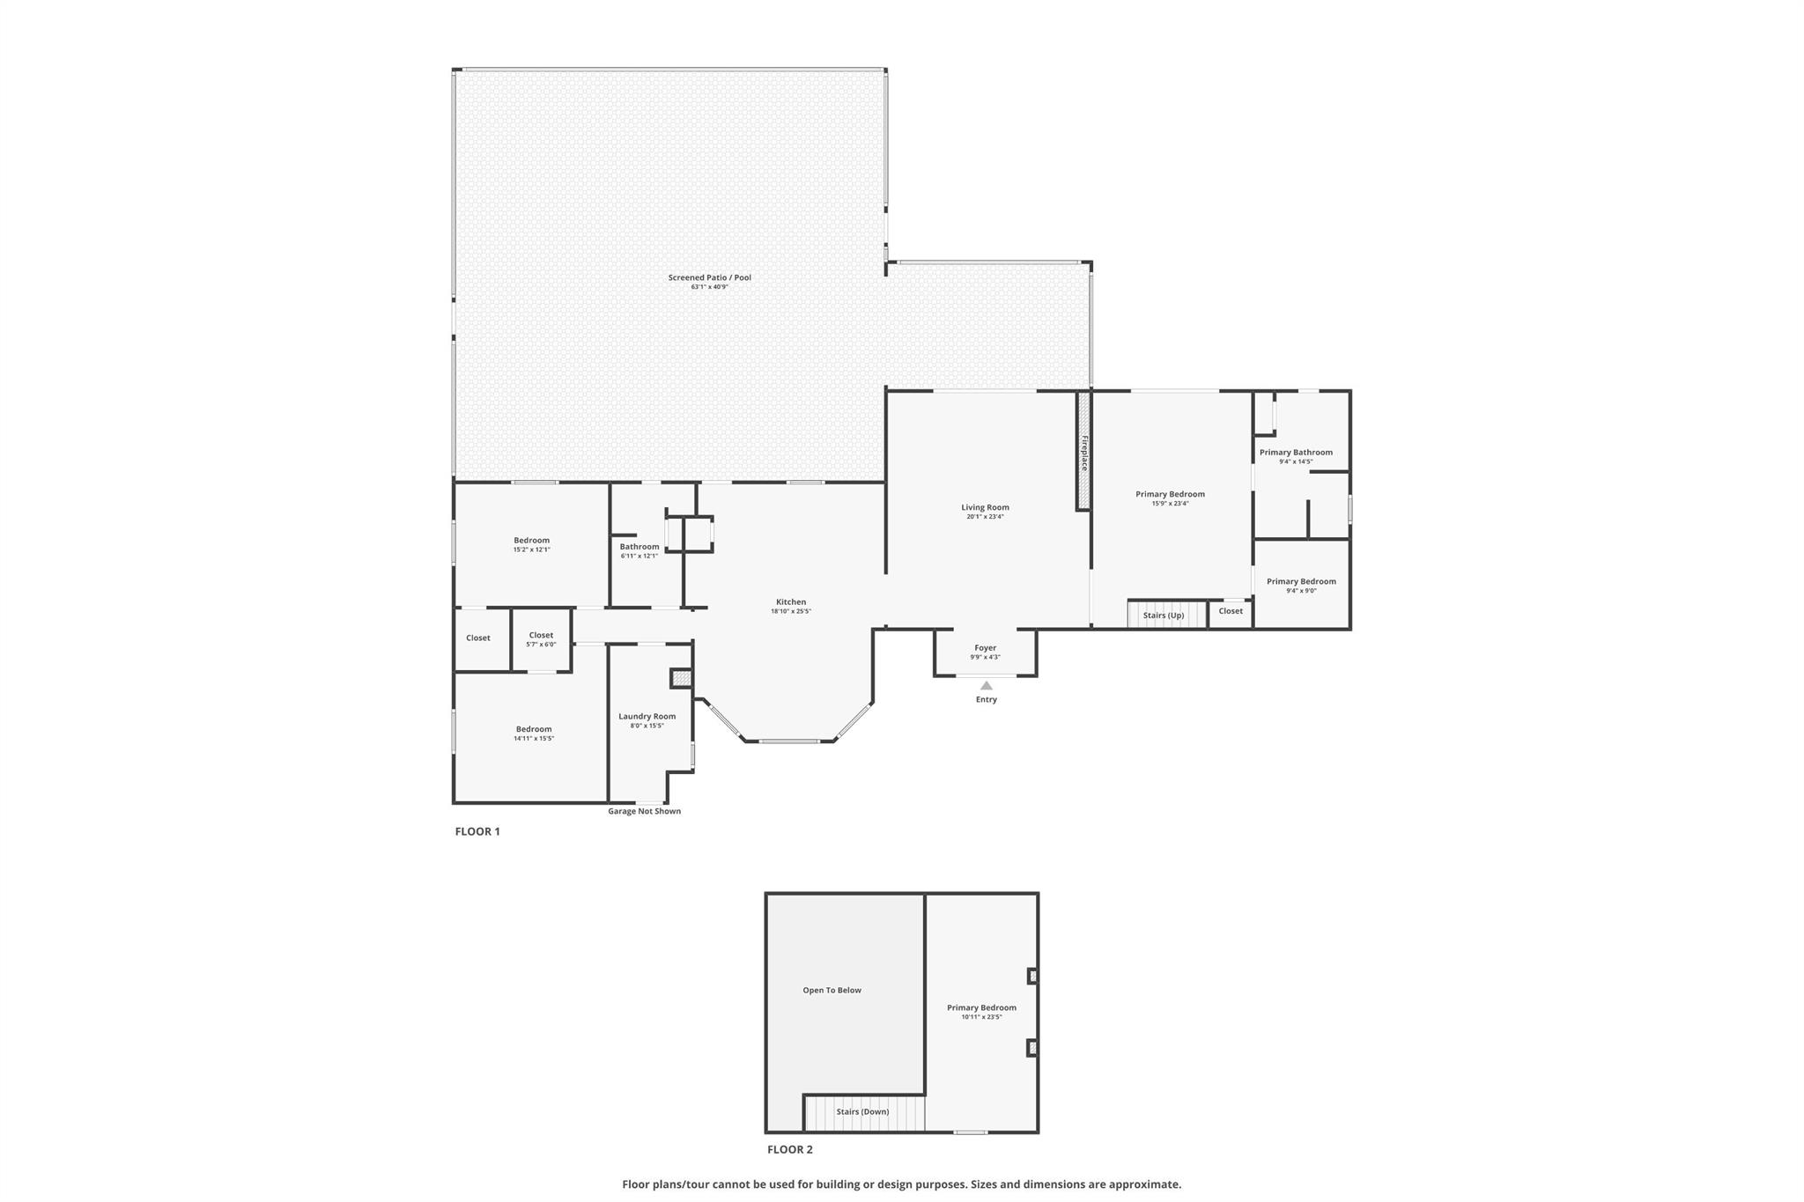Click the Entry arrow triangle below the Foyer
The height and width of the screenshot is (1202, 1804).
[987, 685]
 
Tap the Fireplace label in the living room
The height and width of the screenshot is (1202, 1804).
[1084, 454]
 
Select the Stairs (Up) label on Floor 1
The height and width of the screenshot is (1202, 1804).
[1164, 616]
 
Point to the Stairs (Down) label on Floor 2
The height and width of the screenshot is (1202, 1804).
[862, 1112]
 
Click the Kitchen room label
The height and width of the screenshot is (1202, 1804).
[791, 602]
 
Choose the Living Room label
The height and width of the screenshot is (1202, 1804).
[985, 507]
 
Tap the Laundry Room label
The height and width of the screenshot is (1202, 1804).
[647, 717]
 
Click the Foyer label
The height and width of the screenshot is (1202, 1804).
[986, 648]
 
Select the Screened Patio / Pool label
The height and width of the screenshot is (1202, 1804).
[710, 278]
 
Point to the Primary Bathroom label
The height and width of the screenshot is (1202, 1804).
[1296, 453]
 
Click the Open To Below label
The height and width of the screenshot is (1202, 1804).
[832, 991]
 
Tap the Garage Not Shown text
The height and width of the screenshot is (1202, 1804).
[644, 812]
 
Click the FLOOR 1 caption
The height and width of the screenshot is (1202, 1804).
[477, 831]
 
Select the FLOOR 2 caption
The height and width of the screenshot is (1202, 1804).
[790, 1150]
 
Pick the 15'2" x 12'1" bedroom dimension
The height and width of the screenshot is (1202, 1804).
[532, 549]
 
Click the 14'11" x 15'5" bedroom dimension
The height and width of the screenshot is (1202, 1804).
[534, 739]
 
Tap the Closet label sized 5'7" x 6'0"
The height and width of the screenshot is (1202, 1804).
[541, 635]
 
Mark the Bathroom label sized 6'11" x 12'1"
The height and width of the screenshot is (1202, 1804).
[640, 547]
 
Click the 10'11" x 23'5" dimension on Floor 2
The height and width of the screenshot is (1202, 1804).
[981, 1017]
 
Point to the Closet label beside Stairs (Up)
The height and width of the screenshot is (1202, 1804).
[1231, 611]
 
